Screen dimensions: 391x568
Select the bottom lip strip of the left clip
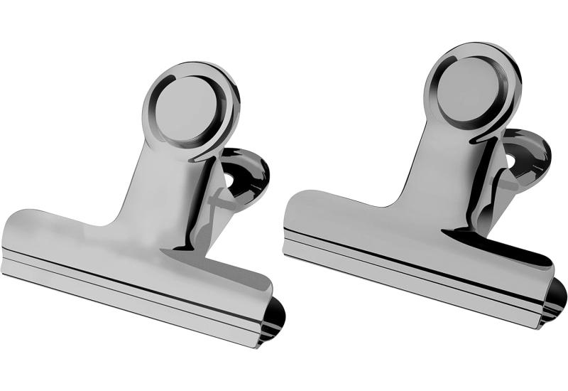[x=128, y=299]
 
